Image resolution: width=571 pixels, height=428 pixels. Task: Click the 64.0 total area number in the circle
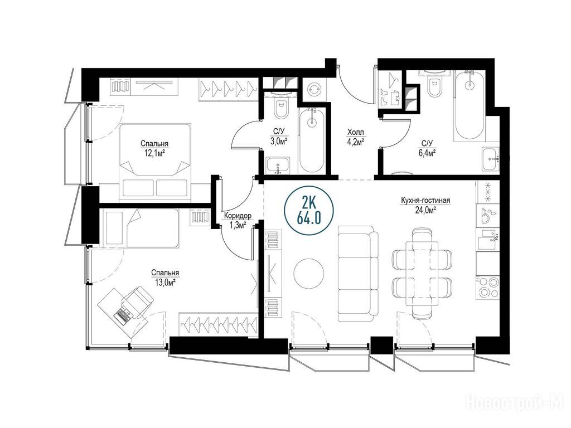click(x=309, y=218)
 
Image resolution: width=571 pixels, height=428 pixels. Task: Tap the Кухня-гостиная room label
click(x=425, y=201)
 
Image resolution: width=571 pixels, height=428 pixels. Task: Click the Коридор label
click(x=238, y=216)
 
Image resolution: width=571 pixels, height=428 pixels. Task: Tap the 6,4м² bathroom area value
click(x=427, y=153)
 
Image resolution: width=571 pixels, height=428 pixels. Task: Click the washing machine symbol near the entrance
click(x=313, y=89)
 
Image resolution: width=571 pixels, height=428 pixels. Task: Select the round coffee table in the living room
click(x=309, y=273)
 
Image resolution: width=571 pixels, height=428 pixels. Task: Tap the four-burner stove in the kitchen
click(x=487, y=288)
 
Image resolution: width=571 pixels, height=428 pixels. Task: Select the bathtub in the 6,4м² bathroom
click(x=470, y=105)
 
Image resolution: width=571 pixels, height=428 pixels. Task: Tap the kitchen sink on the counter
click(x=487, y=240)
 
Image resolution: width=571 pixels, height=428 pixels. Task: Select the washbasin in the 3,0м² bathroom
click(x=278, y=165)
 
